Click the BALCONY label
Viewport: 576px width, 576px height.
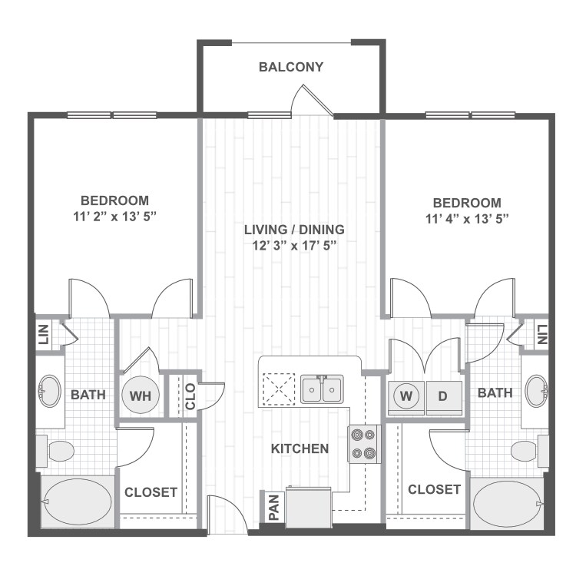coord(290,67)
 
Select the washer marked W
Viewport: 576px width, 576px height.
coord(407,397)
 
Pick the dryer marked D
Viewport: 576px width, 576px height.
coord(444,397)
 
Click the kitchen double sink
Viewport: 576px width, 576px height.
coord(322,389)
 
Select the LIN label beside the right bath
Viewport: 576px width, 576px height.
coord(542,334)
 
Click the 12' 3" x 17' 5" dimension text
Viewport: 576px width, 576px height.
coord(294,246)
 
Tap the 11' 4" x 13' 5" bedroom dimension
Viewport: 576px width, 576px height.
coord(467,218)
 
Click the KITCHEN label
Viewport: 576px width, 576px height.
coord(300,449)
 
